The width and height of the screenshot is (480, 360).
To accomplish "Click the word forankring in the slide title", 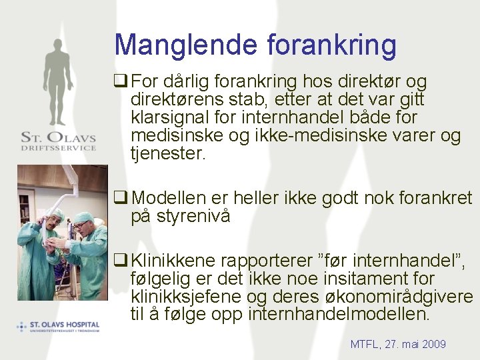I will (x=331, y=45).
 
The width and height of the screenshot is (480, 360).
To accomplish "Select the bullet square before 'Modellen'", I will (x=121, y=198).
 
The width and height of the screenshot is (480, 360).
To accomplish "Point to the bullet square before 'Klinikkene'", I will (x=121, y=259).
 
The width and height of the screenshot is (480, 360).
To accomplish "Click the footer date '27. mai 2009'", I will (x=415, y=344).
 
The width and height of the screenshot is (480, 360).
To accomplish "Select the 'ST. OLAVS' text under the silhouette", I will (x=58, y=138).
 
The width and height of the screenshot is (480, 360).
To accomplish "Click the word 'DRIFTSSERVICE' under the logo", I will (x=58, y=148).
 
